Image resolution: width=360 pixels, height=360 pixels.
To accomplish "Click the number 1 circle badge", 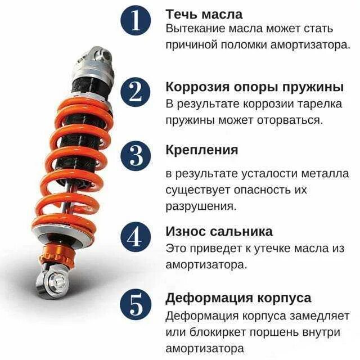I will pos(136,21).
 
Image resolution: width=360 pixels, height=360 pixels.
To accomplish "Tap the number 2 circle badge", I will pos(136,92).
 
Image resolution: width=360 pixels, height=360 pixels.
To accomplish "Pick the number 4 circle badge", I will pos(136,237).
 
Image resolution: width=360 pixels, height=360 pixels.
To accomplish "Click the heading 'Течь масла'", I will pos(204,13).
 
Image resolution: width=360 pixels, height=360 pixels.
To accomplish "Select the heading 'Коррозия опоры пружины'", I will pos(254,87).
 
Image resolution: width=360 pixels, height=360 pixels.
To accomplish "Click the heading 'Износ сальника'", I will pos(219,231).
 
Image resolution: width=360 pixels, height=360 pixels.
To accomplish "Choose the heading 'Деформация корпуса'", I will pos(238,298).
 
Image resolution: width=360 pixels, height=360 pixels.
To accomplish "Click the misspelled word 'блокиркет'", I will pos(219,331).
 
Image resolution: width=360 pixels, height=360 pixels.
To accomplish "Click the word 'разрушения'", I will pos(199,206).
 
